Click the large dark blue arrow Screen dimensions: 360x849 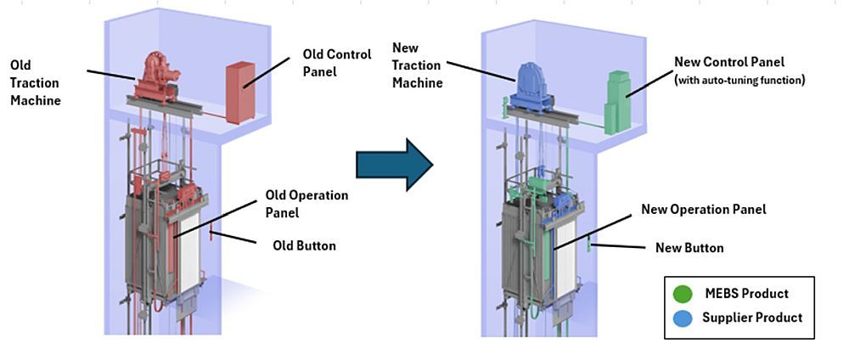[394, 164]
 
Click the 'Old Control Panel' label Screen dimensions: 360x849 [337, 63]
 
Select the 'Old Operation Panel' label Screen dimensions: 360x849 [307, 205]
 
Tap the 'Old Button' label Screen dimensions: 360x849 [304, 246]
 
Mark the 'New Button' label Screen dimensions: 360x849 [689, 248]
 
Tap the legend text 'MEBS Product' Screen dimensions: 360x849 [746, 294]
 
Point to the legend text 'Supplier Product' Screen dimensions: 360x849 [752, 318]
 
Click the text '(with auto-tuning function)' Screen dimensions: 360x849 [739, 81]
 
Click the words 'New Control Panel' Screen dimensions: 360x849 [729, 62]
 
